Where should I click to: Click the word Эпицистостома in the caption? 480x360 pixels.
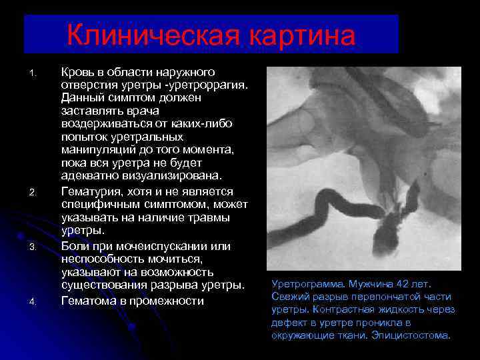pos(411,335)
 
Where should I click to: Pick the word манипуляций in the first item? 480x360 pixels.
pos(97,150)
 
